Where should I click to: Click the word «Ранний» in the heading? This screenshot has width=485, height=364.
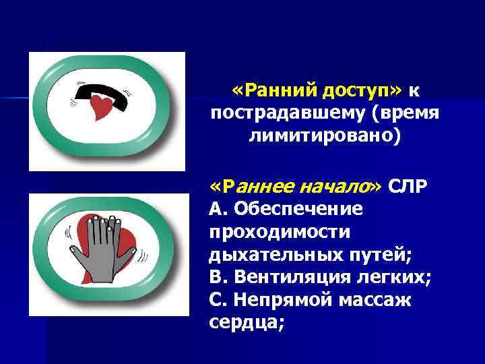[x=276, y=90]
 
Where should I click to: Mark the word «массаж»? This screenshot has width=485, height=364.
[x=377, y=301]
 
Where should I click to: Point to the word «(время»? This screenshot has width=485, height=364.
[x=405, y=114]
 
